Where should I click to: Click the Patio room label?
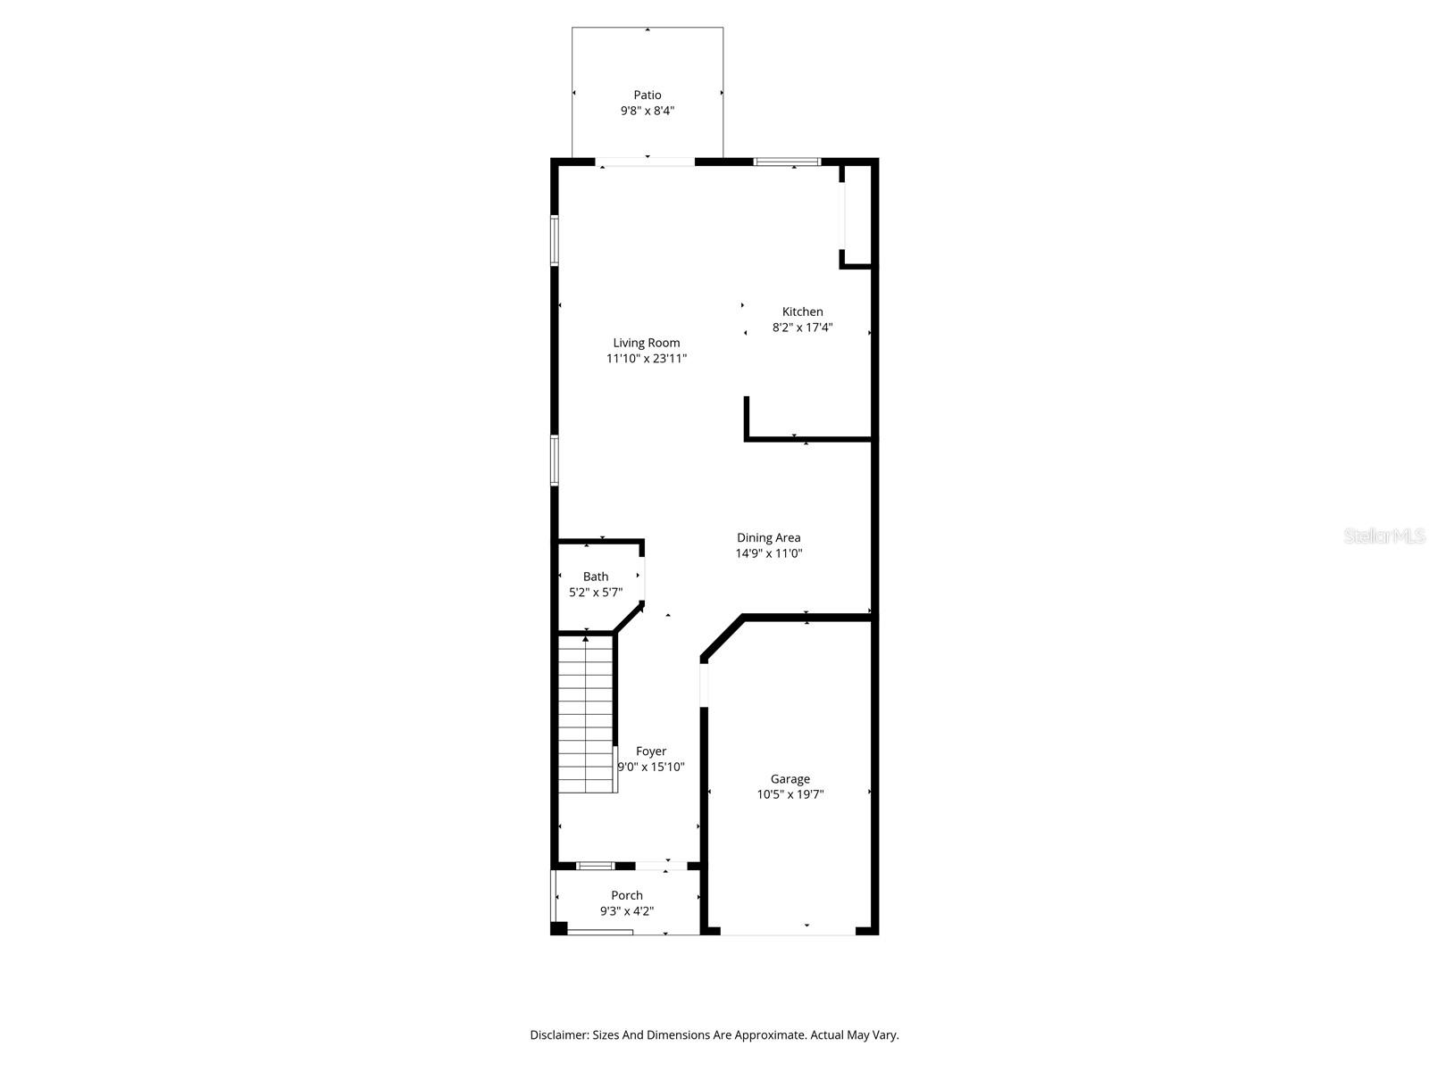tap(648, 95)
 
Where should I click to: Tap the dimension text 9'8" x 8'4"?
tap(648, 112)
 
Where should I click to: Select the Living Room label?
tap(646, 343)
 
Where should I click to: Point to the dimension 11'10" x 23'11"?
tap(646, 359)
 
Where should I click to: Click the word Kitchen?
tap(802, 311)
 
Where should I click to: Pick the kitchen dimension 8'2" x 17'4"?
tap(802, 328)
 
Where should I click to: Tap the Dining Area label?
tap(768, 537)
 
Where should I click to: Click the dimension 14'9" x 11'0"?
tap(768, 553)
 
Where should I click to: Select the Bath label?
tap(596, 577)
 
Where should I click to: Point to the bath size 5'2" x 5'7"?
tap(596, 592)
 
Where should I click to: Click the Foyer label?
tap(651, 751)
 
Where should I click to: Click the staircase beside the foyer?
tap(587, 714)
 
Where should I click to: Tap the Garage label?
tap(790, 779)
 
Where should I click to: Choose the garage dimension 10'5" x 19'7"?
tap(790, 794)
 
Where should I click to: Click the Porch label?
tap(627, 895)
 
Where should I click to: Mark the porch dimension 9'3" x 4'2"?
tap(627, 911)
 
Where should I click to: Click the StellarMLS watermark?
tap(1384, 535)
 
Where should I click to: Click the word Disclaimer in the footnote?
tap(559, 1035)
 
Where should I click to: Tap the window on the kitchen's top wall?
tap(787, 162)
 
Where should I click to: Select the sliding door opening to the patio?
tap(645, 162)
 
